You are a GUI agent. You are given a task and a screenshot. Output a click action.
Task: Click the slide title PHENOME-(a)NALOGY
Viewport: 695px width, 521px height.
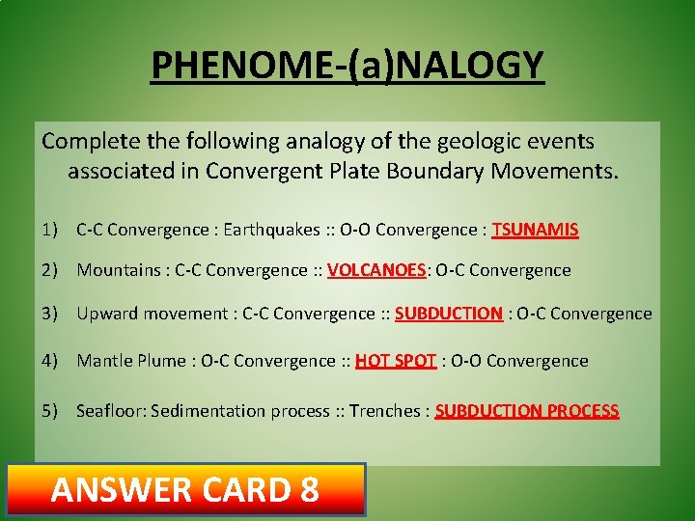347,66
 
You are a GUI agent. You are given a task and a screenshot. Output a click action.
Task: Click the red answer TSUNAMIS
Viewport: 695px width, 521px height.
535,230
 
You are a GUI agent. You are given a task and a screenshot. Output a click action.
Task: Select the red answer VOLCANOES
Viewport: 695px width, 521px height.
376,271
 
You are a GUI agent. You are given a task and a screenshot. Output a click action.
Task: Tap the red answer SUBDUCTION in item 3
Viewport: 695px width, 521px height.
449,314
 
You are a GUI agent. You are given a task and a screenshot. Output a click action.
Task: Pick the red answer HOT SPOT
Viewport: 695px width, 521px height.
396,361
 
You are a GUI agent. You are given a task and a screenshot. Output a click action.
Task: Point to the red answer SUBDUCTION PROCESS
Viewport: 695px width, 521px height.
527,411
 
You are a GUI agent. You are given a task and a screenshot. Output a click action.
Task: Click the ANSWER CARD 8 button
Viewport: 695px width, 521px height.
185,490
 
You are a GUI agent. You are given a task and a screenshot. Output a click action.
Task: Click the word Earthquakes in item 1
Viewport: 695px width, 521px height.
271,230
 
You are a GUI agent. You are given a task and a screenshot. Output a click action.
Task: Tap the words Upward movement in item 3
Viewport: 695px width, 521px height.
149,314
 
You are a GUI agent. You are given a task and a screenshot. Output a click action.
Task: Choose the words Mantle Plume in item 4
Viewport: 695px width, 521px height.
132,361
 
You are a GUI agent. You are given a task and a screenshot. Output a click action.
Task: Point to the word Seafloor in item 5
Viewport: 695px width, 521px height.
110,411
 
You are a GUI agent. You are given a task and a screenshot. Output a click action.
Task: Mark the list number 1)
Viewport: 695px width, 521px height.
50,230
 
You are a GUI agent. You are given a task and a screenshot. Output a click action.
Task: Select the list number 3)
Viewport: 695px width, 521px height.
50,314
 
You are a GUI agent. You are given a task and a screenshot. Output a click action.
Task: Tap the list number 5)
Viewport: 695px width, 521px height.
50,411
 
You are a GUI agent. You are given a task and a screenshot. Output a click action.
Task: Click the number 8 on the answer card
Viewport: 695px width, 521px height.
309,490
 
